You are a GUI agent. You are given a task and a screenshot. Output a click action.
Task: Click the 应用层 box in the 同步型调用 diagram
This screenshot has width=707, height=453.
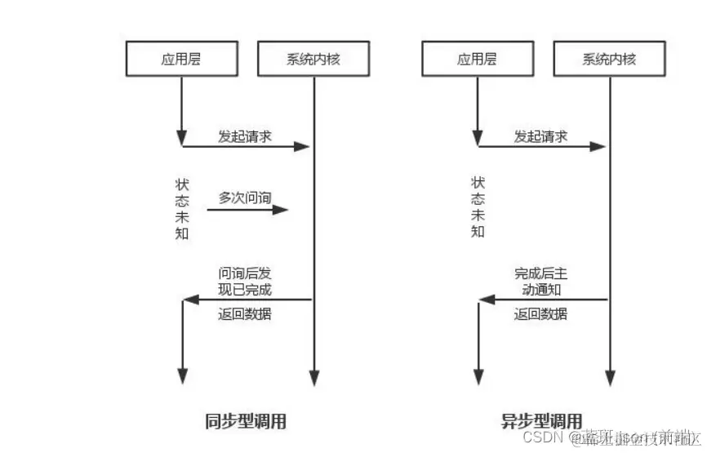[181, 59]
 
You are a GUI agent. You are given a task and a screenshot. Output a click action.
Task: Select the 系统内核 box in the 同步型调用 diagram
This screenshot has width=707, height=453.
[313, 59]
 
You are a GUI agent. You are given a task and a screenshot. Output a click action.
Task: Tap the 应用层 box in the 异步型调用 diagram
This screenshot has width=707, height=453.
[478, 59]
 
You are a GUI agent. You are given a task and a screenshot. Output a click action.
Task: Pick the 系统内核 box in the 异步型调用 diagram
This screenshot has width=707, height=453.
[609, 59]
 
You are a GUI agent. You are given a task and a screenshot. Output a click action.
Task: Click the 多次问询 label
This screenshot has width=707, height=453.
[244, 198]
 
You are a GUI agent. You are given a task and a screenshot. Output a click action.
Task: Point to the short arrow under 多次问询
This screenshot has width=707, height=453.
[247, 210]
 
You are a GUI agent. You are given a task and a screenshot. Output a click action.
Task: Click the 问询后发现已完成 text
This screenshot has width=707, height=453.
[244, 281]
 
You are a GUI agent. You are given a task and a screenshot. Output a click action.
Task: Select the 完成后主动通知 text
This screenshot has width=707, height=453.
[540, 281]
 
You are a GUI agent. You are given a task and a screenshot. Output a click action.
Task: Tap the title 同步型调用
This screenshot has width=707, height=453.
[245, 422]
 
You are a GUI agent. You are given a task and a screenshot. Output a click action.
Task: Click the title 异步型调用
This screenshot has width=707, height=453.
[541, 422]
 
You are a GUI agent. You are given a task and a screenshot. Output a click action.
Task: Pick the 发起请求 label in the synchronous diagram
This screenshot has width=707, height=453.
[244, 135]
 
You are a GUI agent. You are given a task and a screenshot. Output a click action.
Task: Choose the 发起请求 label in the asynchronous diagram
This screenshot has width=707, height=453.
[540, 135]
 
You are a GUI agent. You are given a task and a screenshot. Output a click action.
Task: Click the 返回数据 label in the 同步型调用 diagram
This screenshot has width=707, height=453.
[244, 314]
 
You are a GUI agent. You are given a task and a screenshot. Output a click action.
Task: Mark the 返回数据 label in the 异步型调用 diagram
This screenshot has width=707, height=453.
[540, 314]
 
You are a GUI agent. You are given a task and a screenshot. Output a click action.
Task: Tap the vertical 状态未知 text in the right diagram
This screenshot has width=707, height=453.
[478, 208]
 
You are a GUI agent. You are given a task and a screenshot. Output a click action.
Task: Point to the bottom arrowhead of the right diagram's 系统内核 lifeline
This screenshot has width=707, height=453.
[609, 377]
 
